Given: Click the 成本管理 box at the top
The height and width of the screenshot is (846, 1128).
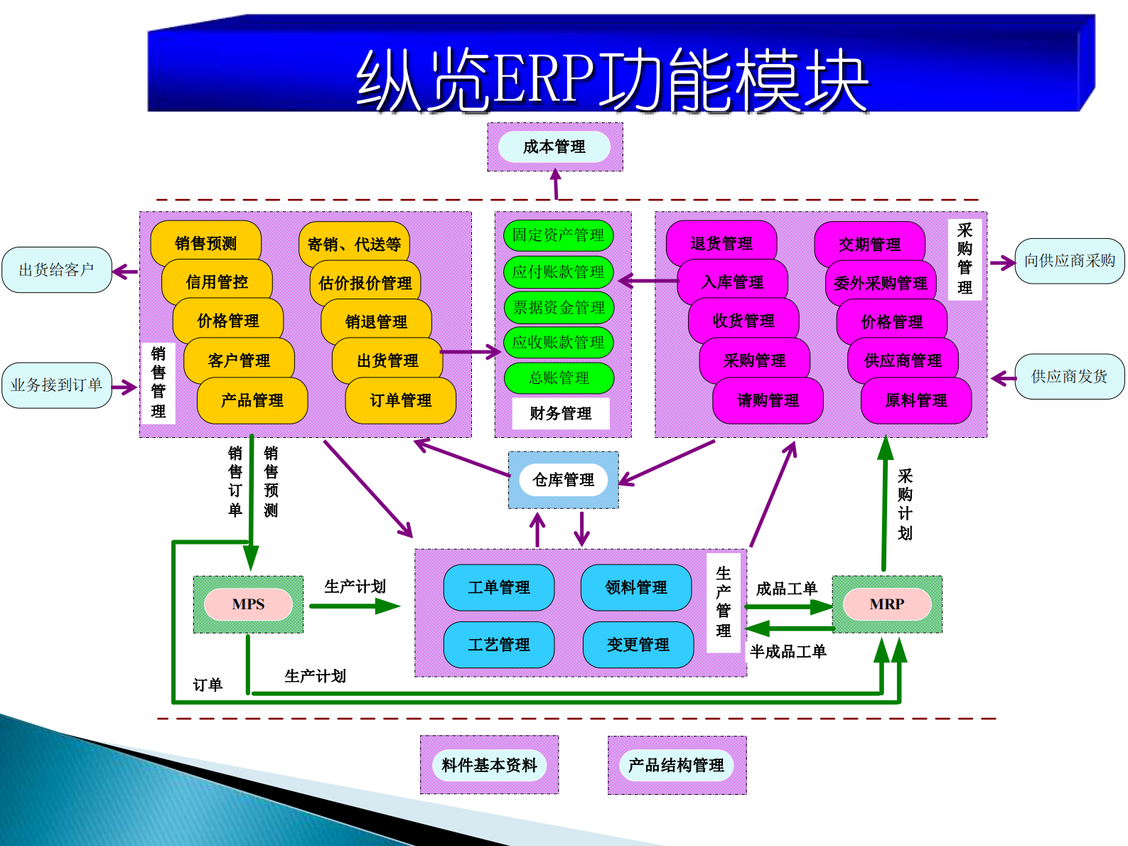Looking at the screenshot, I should [x=554, y=147].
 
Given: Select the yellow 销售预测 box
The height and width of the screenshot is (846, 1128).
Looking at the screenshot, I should [x=206, y=243].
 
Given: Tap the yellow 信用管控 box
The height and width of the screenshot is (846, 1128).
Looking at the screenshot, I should [x=217, y=282].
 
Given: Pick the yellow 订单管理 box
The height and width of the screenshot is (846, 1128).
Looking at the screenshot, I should [x=400, y=400].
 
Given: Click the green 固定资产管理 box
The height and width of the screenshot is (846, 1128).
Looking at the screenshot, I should [x=558, y=235].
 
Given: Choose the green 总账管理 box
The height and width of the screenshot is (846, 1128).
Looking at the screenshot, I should [x=559, y=378].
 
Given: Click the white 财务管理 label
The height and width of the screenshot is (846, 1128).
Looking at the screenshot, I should [x=560, y=413].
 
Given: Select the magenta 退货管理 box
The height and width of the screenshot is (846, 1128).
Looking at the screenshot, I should [x=721, y=243].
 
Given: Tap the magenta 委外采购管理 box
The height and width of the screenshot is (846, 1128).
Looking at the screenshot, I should [x=880, y=283].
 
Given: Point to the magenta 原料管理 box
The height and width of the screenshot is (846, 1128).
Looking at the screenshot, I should [x=915, y=400].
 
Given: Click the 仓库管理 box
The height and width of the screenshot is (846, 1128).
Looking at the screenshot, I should [x=563, y=480].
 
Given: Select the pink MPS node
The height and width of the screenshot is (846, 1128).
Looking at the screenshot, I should [x=248, y=604].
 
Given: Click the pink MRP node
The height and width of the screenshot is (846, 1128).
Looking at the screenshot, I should [x=886, y=604].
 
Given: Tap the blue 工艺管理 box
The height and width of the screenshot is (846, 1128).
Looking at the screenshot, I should [x=498, y=645].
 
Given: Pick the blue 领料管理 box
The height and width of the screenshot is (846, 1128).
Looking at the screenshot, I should [x=635, y=587].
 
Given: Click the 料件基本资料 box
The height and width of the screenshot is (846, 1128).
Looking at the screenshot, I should [x=489, y=765].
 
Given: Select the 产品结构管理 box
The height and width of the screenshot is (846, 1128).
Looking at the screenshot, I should [x=676, y=765].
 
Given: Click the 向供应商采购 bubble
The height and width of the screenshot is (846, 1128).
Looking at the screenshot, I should [x=1069, y=261].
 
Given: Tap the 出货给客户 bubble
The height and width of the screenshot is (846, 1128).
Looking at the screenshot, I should [x=57, y=269].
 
